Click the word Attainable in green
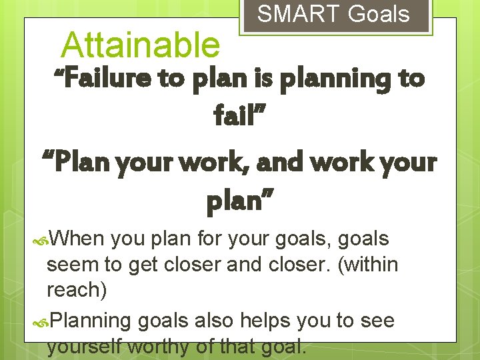coord(140,45)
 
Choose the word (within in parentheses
coord(369,265)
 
